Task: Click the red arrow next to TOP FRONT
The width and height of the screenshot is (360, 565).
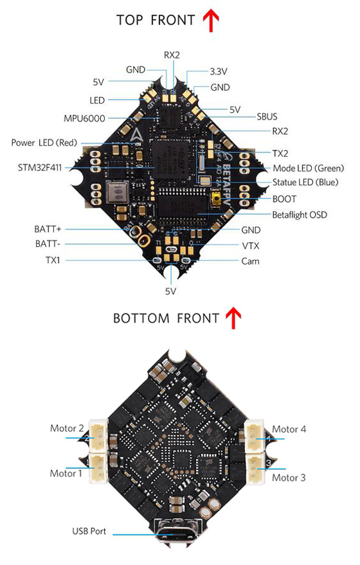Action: [x=211, y=20]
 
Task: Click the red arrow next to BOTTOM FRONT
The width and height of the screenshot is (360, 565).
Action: [x=233, y=318]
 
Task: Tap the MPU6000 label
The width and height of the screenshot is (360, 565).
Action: [x=84, y=118]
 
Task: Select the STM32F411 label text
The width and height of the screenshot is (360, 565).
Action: [x=40, y=168]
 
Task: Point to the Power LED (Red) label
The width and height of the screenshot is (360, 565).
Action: [x=44, y=143]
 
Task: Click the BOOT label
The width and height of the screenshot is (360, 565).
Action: [x=284, y=199]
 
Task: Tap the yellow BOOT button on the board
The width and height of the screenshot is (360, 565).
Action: [x=217, y=199]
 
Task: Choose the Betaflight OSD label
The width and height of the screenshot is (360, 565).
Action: [x=300, y=215]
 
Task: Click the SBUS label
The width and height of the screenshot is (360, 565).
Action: [x=267, y=117]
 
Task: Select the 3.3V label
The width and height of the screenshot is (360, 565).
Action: [x=219, y=71]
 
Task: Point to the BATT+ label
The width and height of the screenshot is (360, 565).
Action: [x=48, y=229]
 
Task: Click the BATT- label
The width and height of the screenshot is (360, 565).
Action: [x=48, y=244]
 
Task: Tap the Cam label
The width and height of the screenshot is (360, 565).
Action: [x=251, y=261]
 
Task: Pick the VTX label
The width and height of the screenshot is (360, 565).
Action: [x=251, y=246]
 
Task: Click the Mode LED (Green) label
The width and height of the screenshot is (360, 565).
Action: [x=309, y=168]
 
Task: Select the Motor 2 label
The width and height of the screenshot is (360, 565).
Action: [x=67, y=429]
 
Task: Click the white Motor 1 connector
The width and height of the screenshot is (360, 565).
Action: [x=98, y=468]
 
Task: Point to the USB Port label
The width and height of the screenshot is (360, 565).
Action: [x=89, y=531]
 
